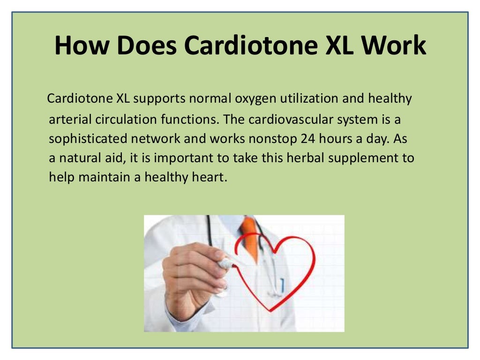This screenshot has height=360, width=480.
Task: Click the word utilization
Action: click(x=312, y=99)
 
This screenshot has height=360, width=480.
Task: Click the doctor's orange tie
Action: click(x=250, y=237)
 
